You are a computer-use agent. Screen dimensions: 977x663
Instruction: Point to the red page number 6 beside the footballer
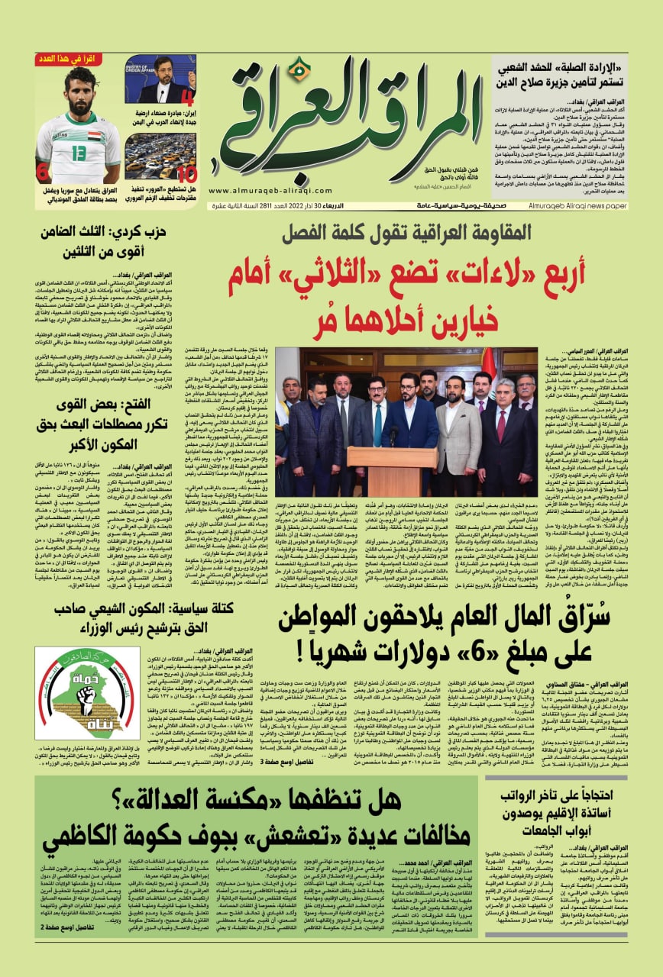pos(43,173)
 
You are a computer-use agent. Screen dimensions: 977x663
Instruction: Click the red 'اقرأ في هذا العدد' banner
pos(78,59)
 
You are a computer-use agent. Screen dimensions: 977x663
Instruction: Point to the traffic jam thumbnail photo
pos(160,156)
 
